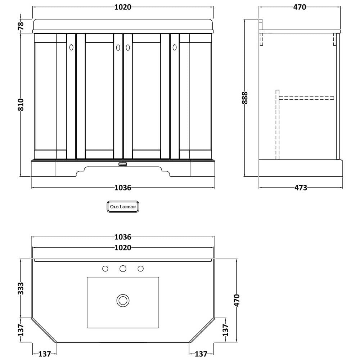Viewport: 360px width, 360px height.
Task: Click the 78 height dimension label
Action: (x=21, y=25)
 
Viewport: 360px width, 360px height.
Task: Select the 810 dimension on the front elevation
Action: (x=21, y=104)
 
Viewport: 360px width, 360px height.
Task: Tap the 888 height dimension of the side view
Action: (x=245, y=98)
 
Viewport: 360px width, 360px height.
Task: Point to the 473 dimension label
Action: (x=301, y=188)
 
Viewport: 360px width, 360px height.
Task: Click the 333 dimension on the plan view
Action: (x=21, y=288)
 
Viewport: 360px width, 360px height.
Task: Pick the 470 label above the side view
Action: (x=300, y=7)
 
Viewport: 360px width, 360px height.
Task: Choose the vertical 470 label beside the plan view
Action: (x=237, y=300)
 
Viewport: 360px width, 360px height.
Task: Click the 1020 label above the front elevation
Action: (x=123, y=7)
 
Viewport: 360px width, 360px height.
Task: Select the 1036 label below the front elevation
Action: (x=123, y=188)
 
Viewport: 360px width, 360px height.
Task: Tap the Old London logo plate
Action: (x=123, y=207)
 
